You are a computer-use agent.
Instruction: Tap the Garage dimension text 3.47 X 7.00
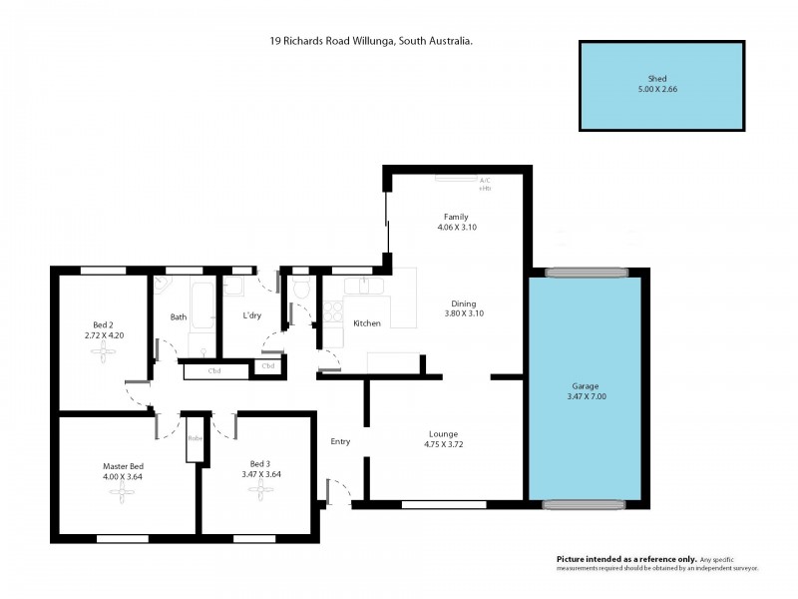point(589,396)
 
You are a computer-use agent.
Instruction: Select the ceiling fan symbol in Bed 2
point(102,351)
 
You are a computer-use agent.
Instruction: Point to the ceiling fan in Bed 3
point(259,491)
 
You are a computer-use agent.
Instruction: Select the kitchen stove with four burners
point(329,313)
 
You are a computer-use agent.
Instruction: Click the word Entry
point(341,441)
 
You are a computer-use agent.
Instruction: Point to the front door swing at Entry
point(339,491)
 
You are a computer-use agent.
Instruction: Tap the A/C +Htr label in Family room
point(486,185)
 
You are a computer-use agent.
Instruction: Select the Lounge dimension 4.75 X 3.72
point(444,445)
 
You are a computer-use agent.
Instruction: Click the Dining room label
point(463,303)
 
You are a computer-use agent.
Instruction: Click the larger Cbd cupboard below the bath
point(214,372)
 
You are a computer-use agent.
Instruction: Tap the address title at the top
point(371,42)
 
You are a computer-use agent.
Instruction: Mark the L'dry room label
point(252,316)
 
